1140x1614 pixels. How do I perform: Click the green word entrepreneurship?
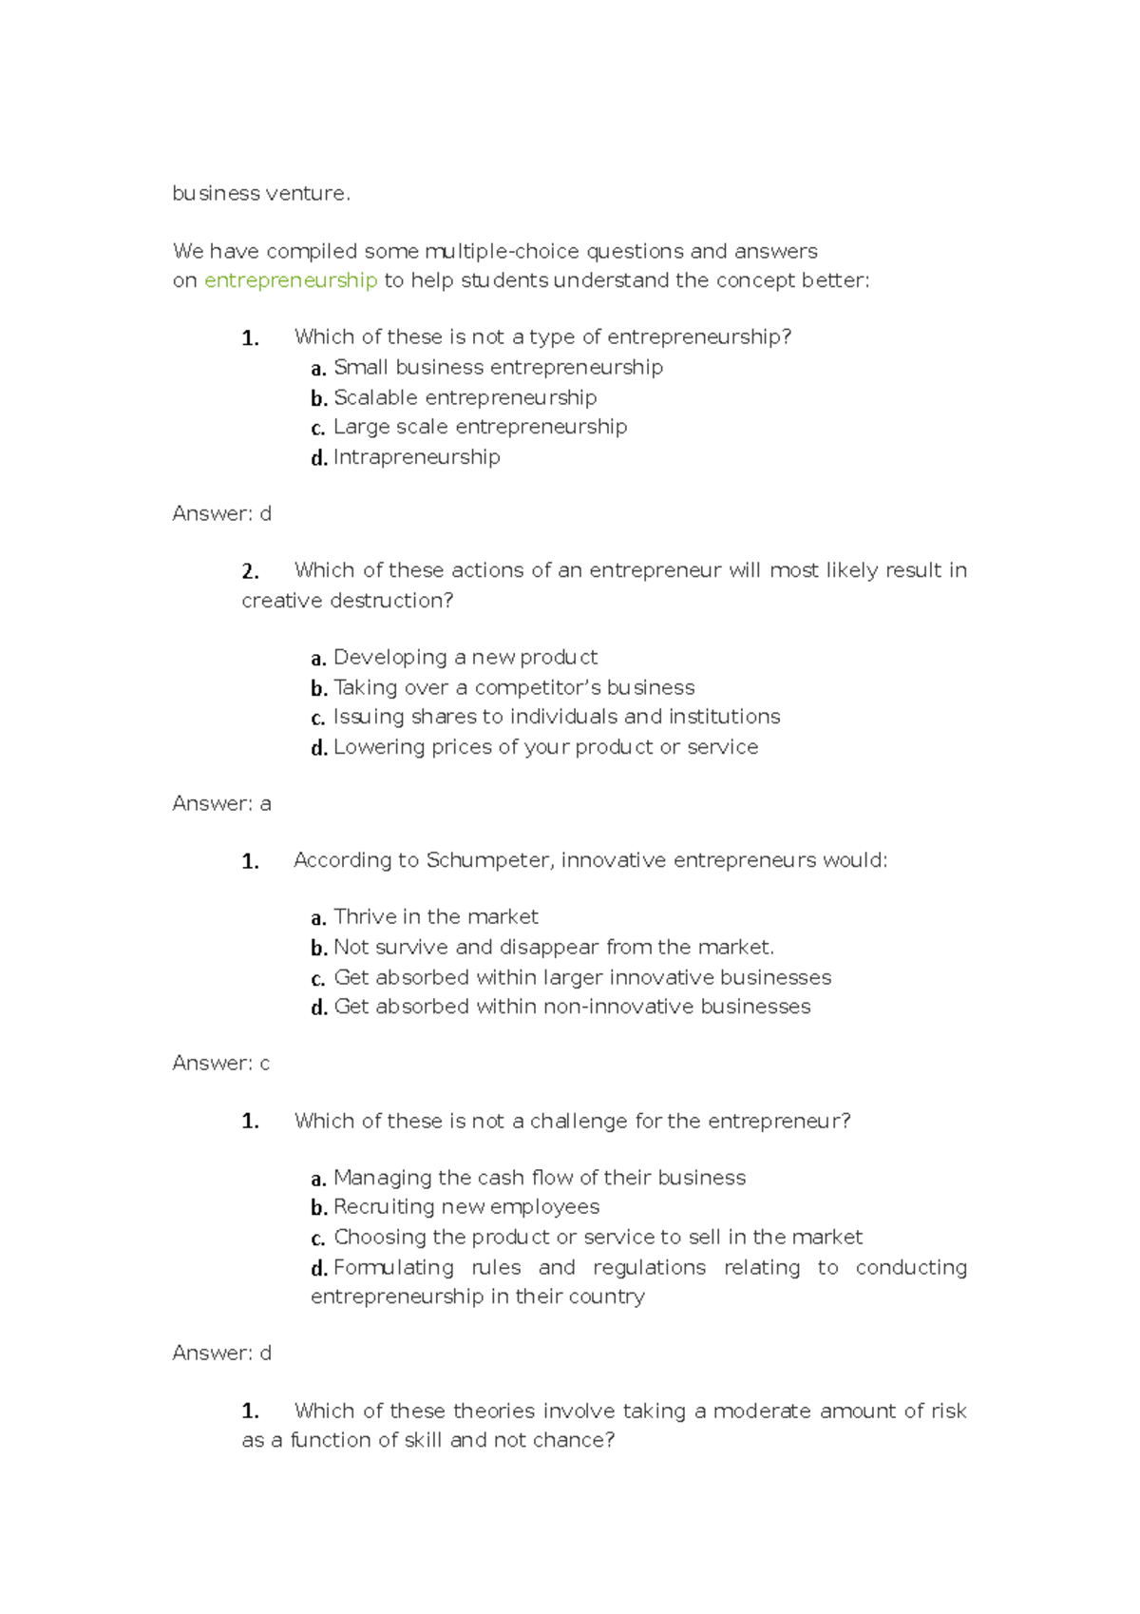[x=291, y=280]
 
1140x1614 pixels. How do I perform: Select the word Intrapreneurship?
[x=416, y=457]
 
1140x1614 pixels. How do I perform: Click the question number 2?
[x=250, y=571]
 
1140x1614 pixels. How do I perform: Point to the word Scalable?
[x=375, y=397]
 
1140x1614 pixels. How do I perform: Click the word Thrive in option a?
[x=365, y=917]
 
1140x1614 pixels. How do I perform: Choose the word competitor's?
[x=537, y=687]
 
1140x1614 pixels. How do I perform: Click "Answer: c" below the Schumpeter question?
[x=220, y=1064]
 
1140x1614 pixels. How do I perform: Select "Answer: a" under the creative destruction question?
[x=221, y=804]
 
